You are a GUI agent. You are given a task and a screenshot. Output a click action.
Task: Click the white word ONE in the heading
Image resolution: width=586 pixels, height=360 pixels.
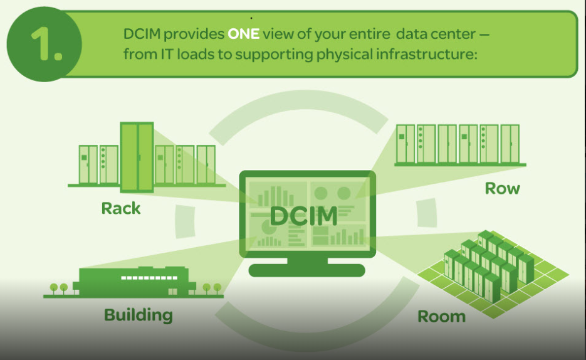coord(244,33)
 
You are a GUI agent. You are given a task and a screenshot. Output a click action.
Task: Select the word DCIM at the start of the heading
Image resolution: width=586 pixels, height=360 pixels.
coord(142,33)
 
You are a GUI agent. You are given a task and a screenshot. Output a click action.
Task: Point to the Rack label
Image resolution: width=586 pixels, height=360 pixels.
coord(121,208)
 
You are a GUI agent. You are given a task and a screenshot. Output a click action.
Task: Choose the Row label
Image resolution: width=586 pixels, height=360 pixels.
coord(503,188)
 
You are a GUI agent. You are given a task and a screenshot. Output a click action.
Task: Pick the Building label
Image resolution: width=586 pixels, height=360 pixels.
coord(139,314)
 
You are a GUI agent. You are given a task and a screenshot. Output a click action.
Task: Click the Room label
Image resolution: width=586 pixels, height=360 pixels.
coord(442,315)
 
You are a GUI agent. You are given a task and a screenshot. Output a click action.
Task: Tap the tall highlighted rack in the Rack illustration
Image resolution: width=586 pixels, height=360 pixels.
coord(137,157)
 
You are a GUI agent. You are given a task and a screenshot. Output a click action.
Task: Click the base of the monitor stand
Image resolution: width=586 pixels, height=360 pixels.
coord(306,270)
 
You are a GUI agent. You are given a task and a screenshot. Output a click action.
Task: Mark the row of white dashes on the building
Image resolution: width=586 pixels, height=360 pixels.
coord(144,277)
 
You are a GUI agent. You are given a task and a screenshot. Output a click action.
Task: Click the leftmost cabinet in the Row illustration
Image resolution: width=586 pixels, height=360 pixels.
coord(405,144)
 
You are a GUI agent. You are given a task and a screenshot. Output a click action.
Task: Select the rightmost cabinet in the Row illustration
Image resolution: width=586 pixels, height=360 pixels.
coord(510,144)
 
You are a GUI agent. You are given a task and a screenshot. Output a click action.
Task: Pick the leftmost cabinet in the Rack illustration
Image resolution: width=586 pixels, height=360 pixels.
coord(88,164)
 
